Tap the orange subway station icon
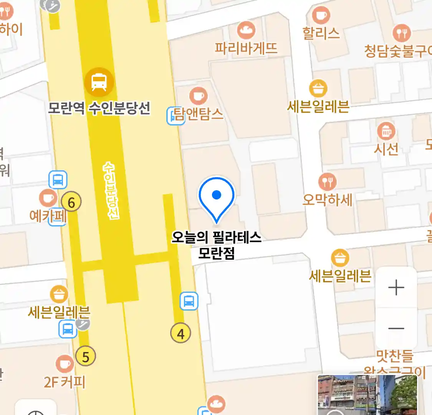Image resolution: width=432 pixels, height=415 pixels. [x=99, y=81]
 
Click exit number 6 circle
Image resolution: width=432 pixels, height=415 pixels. [x=71, y=202]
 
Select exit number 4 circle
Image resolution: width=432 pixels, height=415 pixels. [x=180, y=333]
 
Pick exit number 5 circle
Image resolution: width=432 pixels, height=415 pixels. [x=85, y=356]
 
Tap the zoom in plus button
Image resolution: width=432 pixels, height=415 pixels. [x=396, y=287]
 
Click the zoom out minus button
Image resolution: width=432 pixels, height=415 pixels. [x=396, y=329]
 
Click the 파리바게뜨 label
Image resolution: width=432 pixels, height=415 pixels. [x=246, y=48]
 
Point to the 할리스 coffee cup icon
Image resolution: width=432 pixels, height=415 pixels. [x=321, y=15]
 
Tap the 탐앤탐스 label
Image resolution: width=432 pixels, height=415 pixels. [x=199, y=114]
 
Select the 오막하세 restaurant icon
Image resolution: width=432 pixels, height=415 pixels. [x=327, y=181]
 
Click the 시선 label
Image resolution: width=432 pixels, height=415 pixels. [x=386, y=149]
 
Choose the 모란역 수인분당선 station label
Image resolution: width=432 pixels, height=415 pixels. [x=99, y=108]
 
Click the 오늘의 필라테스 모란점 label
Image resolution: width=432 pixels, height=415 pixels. [x=216, y=245]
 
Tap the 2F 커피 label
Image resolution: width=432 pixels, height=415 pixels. [x=65, y=382]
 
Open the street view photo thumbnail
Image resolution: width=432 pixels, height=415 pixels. [x=367, y=395]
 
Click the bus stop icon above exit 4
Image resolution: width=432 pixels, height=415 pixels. [x=189, y=301]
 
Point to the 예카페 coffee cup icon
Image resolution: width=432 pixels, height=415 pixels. [x=48, y=198]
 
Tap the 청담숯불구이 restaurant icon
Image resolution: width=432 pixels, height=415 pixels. [x=401, y=33]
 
